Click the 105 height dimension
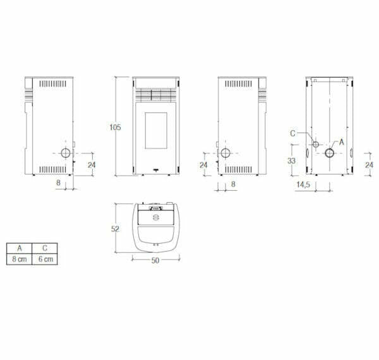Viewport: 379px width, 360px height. point(114,127)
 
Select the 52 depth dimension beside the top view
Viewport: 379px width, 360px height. point(115,229)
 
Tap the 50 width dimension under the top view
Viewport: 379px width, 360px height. point(155,261)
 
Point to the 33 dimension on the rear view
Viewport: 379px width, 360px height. point(291,161)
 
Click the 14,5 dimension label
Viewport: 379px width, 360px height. point(303,184)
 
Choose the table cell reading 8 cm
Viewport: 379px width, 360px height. point(20,259)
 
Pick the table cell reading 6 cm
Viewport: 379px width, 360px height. point(45,259)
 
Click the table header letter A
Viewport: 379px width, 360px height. point(20,248)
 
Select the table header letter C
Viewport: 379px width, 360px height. point(45,248)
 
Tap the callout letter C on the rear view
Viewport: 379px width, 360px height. point(292,133)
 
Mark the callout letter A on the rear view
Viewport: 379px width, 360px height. point(342,141)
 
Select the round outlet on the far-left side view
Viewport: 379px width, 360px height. point(66,153)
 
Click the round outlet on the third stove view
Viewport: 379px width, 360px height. point(226,153)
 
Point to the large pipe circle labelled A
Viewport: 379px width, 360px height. point(330,152)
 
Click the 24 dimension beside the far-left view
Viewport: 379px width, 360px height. point(91,165)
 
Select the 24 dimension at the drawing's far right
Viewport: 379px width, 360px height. point(369,165)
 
